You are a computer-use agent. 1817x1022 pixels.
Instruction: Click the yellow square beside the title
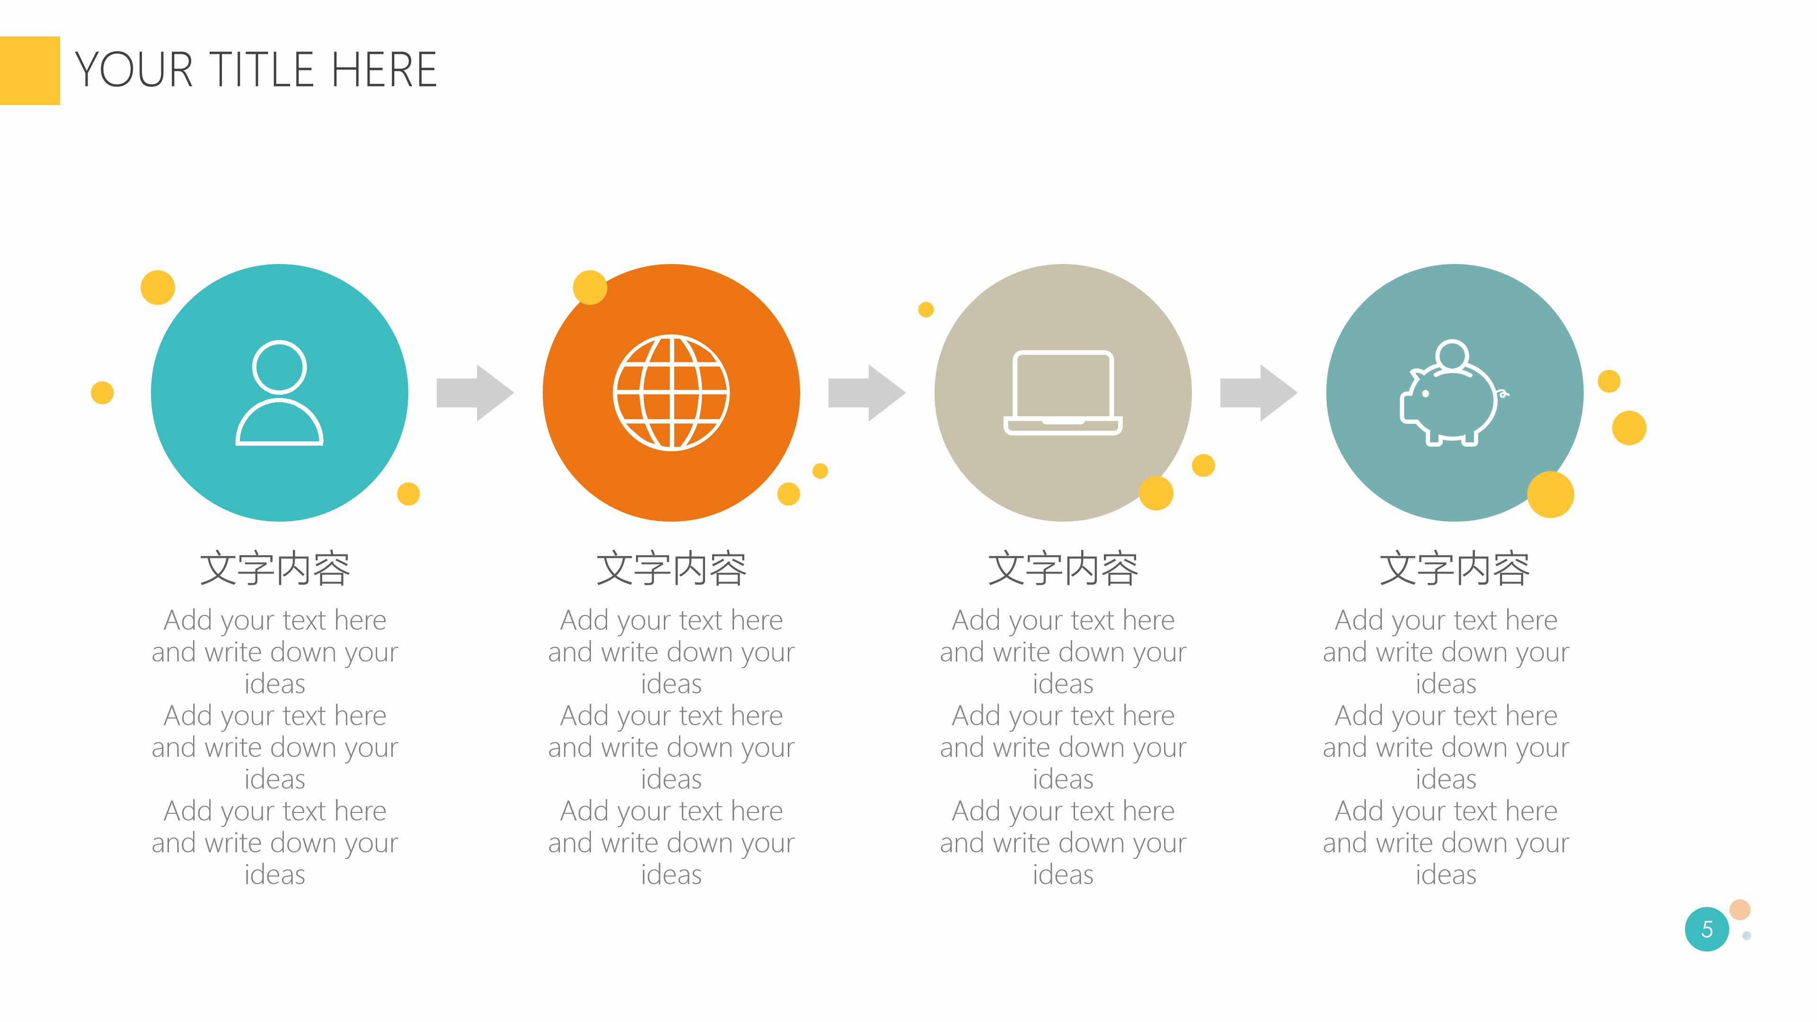pyautogui.click(x=30, y=70)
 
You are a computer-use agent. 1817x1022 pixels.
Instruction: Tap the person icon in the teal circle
pyautogui.click(x=279, y=393)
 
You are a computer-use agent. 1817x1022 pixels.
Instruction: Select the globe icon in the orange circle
pyautogui.click(x=671, y=393)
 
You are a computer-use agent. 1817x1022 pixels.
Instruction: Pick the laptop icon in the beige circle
pyautogui.click(x=1063, y=393)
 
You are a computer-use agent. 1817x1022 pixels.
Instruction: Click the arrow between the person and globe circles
pyautogui.click(x=476, y=393)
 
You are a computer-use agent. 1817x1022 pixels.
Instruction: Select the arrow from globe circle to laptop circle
pyautogui.click(x=867, y=393)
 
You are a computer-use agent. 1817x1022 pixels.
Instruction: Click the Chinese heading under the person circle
pyautogui.click(x=275, y=568)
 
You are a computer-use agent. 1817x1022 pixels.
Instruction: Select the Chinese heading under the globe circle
pyautogui.click(x=671, y=568)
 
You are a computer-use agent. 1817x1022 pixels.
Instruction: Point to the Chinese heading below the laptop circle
pyautogui.click(x=1063, y=568)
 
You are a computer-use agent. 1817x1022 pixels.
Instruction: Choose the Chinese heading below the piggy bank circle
pyautogui.click(x=1455, y=568)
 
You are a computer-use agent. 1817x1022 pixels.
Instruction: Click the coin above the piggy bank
pyautogui.click(x=1452, y=355)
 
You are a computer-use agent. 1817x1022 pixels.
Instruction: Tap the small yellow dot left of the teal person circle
pyautogui.click(x=102, y=393)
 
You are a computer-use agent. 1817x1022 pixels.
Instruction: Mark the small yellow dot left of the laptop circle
pyautogui.click(x=926, y=309)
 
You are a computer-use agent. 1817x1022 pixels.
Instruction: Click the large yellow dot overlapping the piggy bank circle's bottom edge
pyautogui.click(x=1551, y=494)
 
